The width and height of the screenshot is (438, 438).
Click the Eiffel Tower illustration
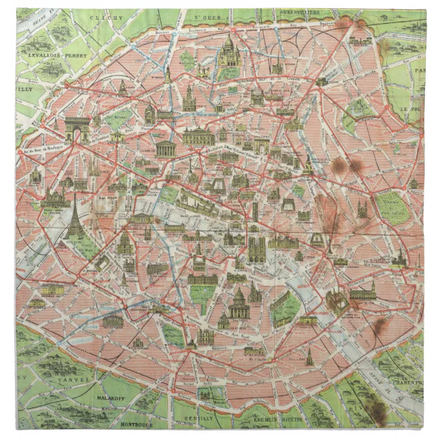tap(73, 216)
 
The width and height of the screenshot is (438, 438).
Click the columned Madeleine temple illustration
tap(165, 148)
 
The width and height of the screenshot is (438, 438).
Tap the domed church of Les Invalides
tap(126, 243)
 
